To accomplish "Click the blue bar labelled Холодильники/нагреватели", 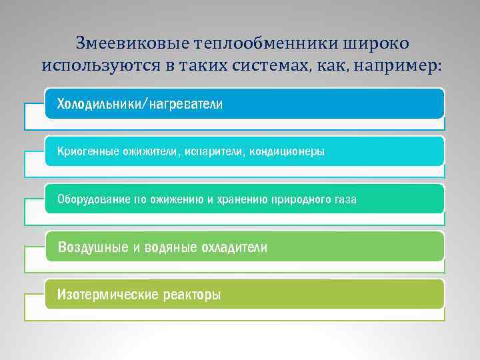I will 244,104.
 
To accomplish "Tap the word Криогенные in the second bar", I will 85,152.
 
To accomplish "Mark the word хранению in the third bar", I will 241,199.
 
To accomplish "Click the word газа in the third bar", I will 344,199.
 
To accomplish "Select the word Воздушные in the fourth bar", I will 93,247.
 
